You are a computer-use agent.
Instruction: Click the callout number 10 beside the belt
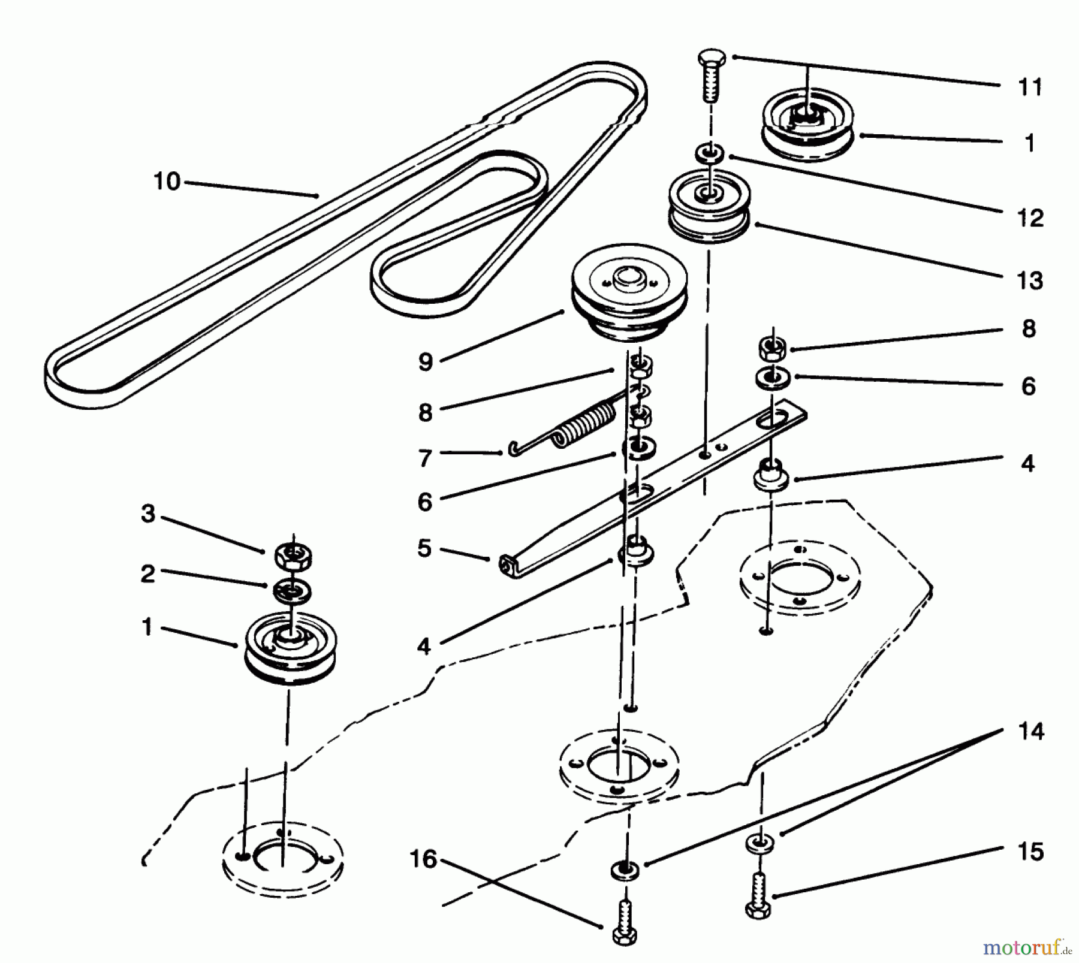pyautogui.click(x=167, y=181)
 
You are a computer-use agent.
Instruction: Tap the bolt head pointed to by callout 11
pyautogui.click(x=712, y=59)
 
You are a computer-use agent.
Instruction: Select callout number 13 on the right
pyautogui.click(x=1030, y=280)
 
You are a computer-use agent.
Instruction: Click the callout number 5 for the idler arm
pyautogui.click(x=424, y=548)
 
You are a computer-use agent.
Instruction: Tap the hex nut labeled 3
pyautogui.click(x=293, y=557)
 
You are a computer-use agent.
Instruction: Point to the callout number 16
pyautogui.click(x=423, y=859)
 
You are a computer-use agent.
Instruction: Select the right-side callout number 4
pyautogui.click(x=1027, y=463)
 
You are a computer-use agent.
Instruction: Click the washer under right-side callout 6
pyautogui.click(x=773, y=379)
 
